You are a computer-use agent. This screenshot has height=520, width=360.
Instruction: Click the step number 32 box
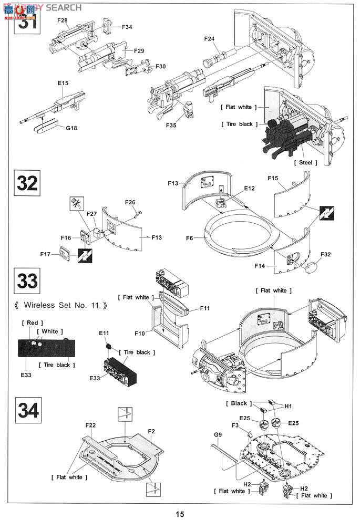(x=27, y=183)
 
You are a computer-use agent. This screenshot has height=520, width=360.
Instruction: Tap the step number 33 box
(x=27, y=281)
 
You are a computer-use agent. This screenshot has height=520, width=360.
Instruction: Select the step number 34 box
(x=27, y=411)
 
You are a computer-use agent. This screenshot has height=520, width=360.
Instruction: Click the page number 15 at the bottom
(x=180, y=514)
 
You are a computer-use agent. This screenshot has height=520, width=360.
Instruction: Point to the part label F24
(x=210, y=38)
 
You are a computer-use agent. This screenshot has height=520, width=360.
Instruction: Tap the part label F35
(x=171, y=126)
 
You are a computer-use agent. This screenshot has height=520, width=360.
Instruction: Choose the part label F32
(x=325, y=254)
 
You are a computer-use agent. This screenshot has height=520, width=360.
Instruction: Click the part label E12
(x=249, y=188)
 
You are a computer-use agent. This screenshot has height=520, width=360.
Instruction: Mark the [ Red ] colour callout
(x=32, y=323)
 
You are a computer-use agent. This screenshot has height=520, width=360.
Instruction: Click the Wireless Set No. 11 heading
(x=61, y=305)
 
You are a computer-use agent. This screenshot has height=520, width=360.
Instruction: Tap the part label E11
(x=104, y=333)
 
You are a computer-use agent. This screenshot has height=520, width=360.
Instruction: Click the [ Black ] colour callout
(x=236, y=403)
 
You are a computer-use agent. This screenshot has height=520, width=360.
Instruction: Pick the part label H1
(x=287, y=405)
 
